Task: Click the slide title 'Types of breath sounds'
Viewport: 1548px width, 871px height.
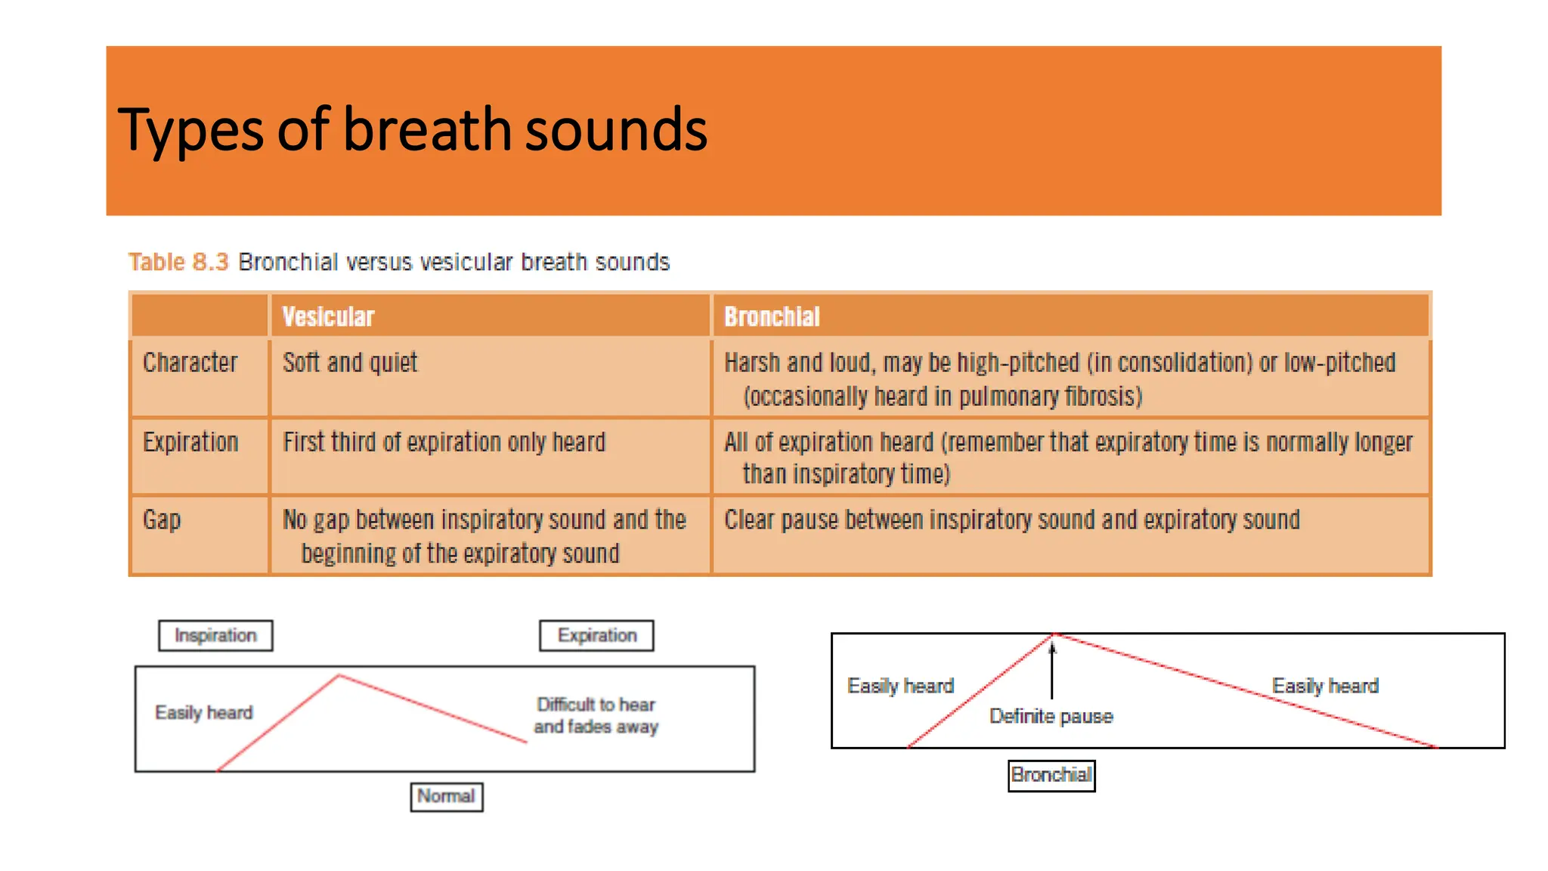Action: pyautogui.click(x=412, y=130)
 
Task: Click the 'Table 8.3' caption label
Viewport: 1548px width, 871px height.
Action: pyautogui.click(x=178, y=262)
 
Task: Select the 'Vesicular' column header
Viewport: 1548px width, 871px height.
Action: pyautogui.click(x=328, y=317)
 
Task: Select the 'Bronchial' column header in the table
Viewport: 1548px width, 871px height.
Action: pyautogui.click(x=772, y=317)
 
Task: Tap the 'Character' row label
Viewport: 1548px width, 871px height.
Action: pyautogui.click(x=190, y=363)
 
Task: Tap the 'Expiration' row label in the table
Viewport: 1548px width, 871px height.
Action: pyautogui.click(x=190, y=442)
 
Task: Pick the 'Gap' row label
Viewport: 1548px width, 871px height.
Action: pyautogui.click(x=162, y=520)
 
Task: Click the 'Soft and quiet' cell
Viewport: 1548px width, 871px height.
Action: pyautogui.click(x=350, y=363)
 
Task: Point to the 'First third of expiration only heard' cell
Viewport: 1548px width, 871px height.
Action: pyautogui.click(x=444, y=442)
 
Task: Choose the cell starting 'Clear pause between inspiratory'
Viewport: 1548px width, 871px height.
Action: pyautogui.click(x=1012, y=520)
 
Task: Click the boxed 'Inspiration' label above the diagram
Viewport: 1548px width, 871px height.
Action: pyautogui.click(x=215, y=636)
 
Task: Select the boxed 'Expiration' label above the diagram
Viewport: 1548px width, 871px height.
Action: pyautogui.click(x=597, y=636)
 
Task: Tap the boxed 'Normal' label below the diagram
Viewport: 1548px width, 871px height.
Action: pyautogui.click(x=447, y=797)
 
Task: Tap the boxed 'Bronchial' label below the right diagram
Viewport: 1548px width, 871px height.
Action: pyautogui.click(x=1051, y=776)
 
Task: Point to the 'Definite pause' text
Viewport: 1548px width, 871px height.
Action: pyautogui.click(x=1051, y=717)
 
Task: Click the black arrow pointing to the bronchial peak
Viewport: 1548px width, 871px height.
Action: pyautogui.click(x=1051, y=669)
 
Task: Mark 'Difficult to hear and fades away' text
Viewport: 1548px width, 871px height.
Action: pyautogui.click(x=596, y=716)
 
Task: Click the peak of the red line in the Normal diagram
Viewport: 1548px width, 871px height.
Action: pyautogui.click(x=339, y=675)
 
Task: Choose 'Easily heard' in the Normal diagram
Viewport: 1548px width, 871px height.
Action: pyautogui.click(x=204, y=713)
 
